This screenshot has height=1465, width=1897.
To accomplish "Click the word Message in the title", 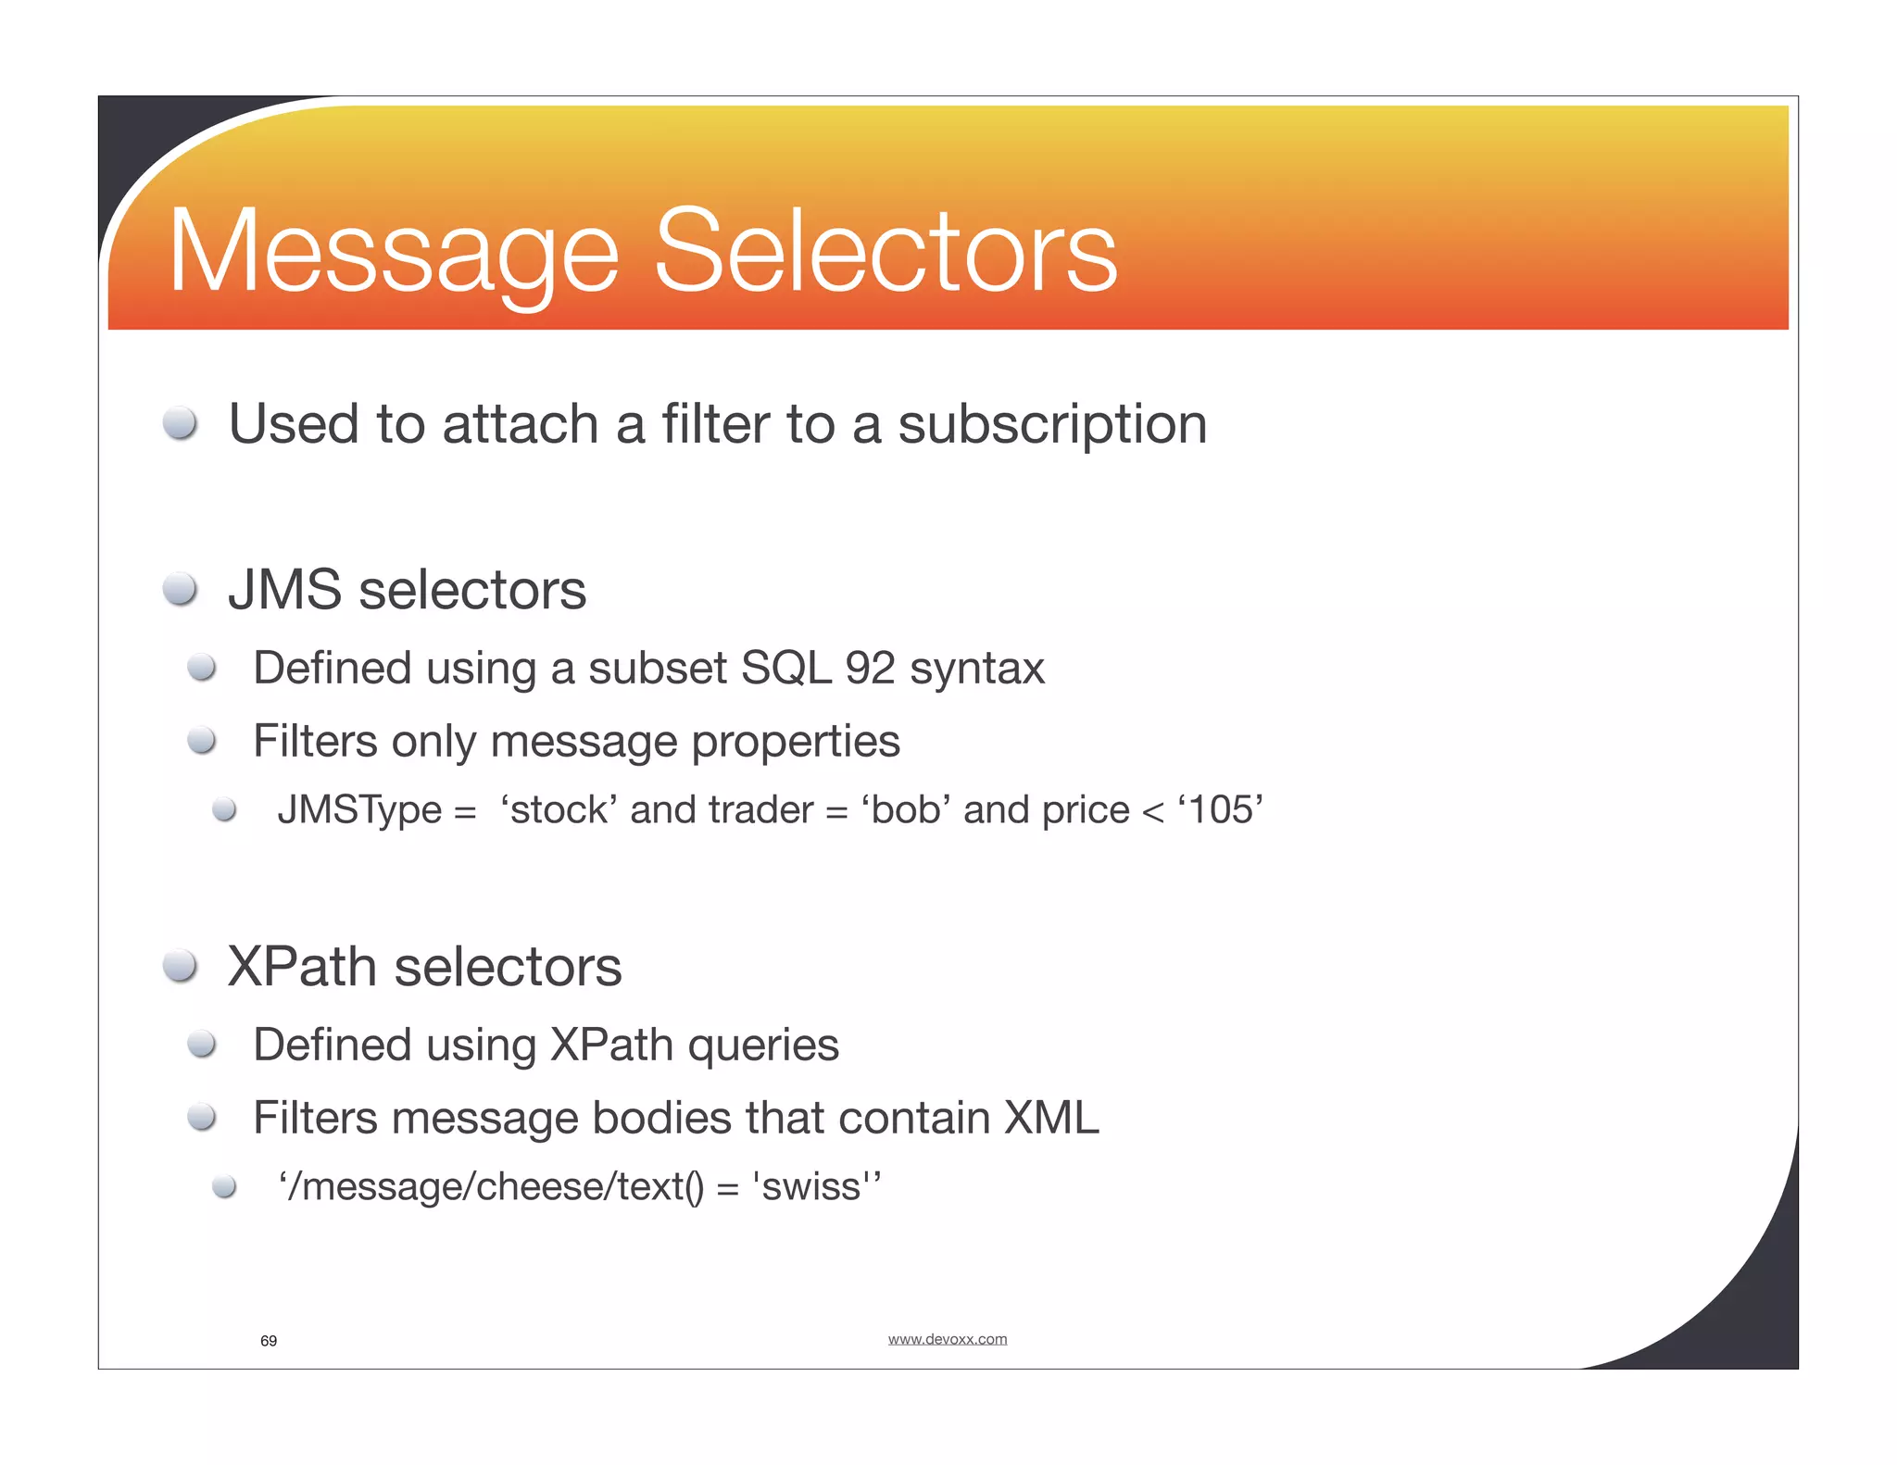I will [394, 252].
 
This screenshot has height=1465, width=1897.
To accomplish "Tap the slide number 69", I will [269, 1341].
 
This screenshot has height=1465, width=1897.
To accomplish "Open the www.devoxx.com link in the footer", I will [947, 1339].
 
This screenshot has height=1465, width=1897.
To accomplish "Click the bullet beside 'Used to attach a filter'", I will [180, 424].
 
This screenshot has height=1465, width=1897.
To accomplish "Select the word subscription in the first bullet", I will [1052, 426].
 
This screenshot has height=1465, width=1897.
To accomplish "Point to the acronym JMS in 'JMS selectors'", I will [284, 590].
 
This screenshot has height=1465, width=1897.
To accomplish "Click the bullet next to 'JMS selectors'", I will [180, 590].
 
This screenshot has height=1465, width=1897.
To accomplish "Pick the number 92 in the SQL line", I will [870, 668].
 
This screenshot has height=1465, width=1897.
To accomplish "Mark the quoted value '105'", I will [1221, 809].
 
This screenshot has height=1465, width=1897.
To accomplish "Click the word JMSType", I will [359, 810].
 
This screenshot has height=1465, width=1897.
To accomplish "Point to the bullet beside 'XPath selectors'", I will [180, 966].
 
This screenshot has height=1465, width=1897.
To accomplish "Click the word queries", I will [763, 1046].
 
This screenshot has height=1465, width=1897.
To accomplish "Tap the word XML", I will [1051, 1118].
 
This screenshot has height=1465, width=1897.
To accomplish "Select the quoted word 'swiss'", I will [811, 1186].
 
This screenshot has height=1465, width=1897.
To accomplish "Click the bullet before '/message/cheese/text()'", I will [224, 1186].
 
